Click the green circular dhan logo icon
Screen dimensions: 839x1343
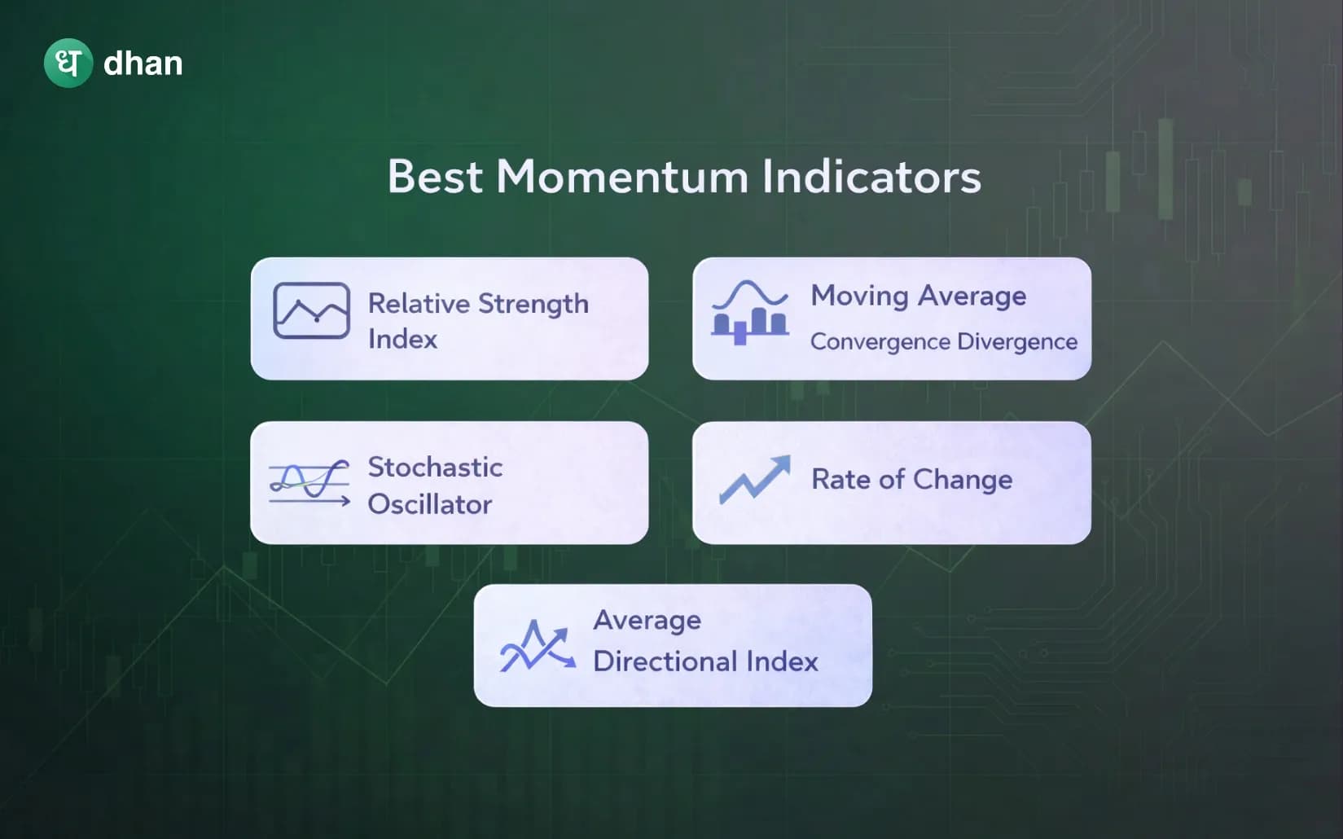[68, 64]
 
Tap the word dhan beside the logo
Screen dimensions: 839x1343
[143, 64]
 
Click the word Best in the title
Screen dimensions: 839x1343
[435, 177]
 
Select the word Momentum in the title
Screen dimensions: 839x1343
[622, 177]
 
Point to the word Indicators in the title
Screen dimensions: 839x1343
[871, 177]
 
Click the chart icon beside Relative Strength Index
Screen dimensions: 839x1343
[311, 310]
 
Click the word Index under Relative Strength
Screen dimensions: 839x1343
[402, 339]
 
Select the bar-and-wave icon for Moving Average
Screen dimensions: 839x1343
[749, 313]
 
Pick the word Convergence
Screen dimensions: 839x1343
[880, 341]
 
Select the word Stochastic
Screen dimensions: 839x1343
[435, 467]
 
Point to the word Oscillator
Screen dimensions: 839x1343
[429, 504]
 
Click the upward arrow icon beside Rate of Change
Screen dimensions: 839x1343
[755, 479]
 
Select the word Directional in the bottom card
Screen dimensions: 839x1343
[665, 661]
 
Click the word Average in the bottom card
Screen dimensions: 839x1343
[647, 620]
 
